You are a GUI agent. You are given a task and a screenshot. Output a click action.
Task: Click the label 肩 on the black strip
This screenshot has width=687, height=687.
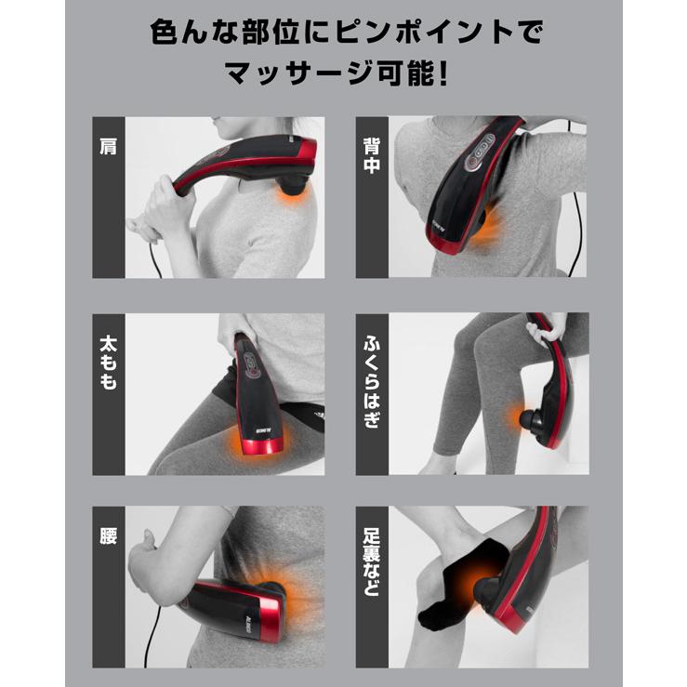click(109, 146)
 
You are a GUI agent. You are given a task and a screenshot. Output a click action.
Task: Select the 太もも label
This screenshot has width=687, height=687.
click(109, 362)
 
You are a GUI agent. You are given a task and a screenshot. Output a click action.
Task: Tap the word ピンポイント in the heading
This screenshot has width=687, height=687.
click(405, 31)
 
